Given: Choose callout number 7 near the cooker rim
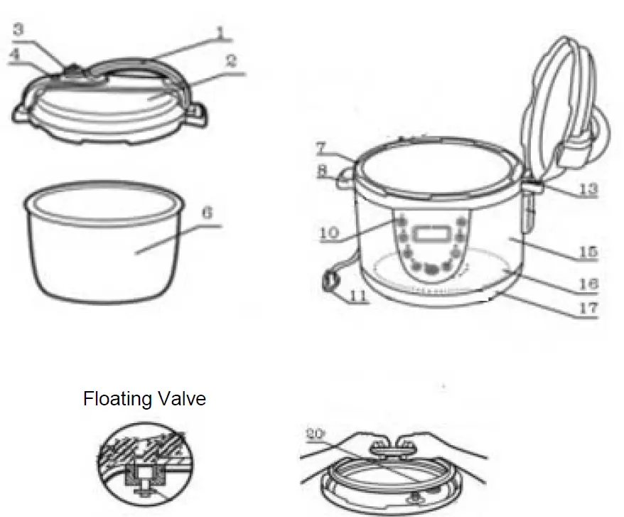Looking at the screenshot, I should point(321,149).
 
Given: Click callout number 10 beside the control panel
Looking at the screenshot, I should point(329,233).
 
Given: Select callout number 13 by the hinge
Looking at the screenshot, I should point(587,190).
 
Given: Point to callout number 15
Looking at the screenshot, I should point(587,252).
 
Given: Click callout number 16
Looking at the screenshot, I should point(587,283).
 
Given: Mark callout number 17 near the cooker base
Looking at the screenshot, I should point(587,309).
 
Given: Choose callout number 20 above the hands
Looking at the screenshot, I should point(315,433).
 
